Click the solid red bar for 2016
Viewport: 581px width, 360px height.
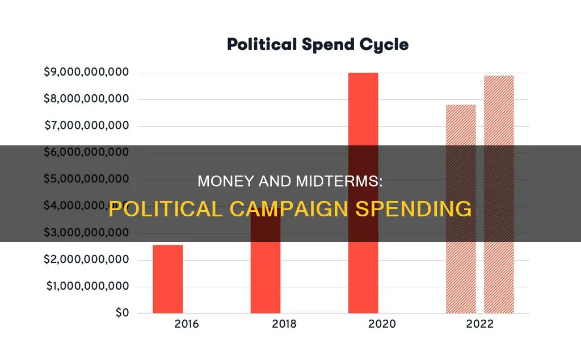click(167, 279)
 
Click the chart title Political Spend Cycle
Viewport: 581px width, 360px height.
click(317, 45)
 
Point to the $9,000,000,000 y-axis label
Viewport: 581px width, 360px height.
click(86, 73)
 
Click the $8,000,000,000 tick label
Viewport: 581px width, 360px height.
click(86, 99)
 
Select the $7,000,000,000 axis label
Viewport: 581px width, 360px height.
click(86, 126)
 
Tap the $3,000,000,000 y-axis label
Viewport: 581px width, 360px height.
click(86, 233)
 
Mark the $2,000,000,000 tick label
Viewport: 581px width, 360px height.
click(86, 260)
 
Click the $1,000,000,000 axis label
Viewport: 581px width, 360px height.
click(86, 287)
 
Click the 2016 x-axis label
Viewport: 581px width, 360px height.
click(167, 325)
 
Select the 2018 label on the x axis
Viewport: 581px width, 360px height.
click(265, 325)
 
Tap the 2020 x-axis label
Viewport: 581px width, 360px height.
click(363, 325)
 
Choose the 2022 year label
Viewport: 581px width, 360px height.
click(479, 325)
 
